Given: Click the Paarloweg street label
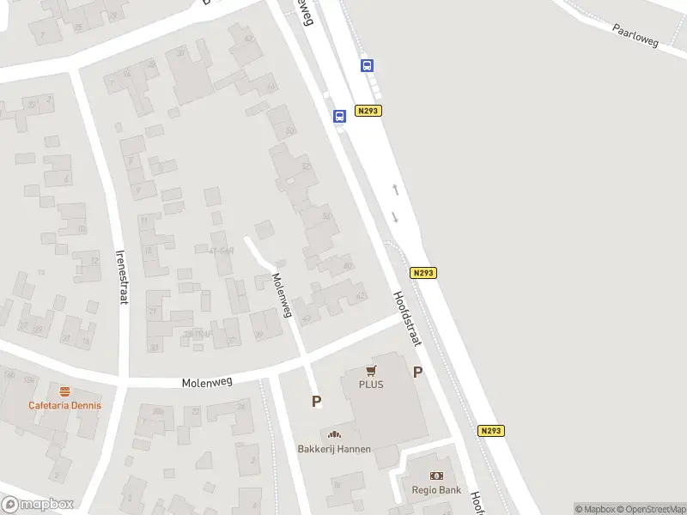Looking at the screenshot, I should click(x=635, y=35).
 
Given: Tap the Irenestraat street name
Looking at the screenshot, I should click(x=122, y=277).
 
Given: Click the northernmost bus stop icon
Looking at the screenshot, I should click(x=367, y=65).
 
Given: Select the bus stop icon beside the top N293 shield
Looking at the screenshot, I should click(x=339, y=116).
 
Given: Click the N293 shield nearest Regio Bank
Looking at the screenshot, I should click(x=490, y=431).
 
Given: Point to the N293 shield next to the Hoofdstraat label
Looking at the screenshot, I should click(x=423, y=273).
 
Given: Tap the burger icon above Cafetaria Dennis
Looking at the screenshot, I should click(x=64, y=391).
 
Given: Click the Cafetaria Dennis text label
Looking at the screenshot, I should click(x=64, y=405).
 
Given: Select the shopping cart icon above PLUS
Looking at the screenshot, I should click(x=371, y=371).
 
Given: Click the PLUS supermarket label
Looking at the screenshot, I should click(x=371, y=384).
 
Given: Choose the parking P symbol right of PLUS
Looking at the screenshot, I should click(x=418, y=373).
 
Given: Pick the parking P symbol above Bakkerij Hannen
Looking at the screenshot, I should click(x=316, y=401).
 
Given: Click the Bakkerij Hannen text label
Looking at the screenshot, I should click(x=334, y=449).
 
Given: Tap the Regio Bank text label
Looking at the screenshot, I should click(x=437, y=491).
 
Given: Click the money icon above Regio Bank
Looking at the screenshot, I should click(x=437, y=476).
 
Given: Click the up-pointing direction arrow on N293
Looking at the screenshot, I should click(x=395, y=188).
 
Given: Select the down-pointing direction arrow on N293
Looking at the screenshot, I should click(x=395, y=215).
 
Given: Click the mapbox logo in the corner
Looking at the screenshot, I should click(x=37, y=504).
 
